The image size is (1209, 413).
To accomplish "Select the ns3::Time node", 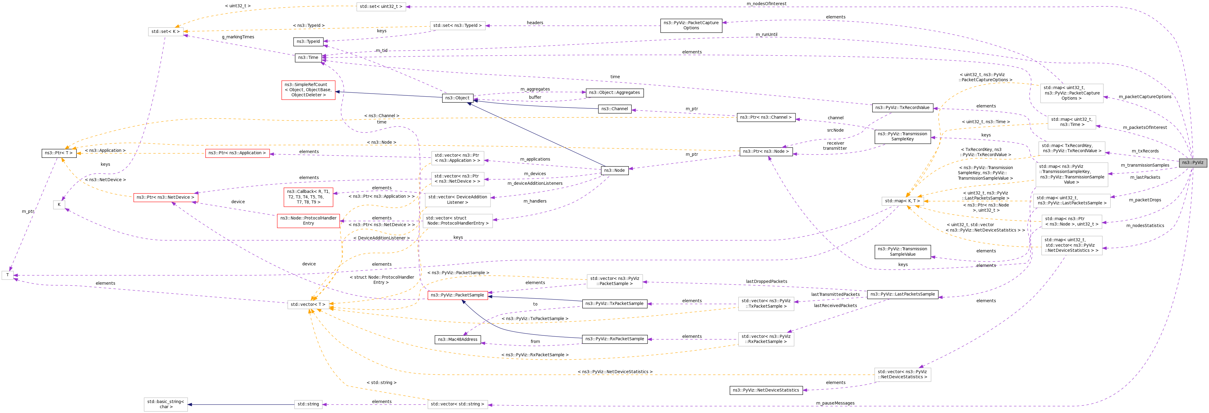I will point(308,58).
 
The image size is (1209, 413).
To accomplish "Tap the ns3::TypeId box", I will point(308,42).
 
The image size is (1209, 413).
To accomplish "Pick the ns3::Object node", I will point(458,98).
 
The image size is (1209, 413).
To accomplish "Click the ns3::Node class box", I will point(614,170).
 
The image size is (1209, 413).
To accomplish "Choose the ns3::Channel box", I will point(614,109).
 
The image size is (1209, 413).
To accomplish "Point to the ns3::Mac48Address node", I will point(458,339).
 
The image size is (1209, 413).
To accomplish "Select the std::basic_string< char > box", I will point(166,404).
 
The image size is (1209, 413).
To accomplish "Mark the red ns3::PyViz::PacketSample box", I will point(457,295).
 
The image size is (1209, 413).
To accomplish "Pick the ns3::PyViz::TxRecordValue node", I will point(902,107).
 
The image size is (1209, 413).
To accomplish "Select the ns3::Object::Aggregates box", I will point(614,93).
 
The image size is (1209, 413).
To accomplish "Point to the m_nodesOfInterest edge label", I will point(767,4).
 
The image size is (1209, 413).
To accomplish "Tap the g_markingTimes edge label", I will point(238,37).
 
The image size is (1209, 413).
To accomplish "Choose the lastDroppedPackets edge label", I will point(767,282).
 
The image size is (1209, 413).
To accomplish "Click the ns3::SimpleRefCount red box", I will point(308,90).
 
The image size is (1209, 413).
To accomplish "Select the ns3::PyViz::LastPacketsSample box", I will point(902,294).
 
